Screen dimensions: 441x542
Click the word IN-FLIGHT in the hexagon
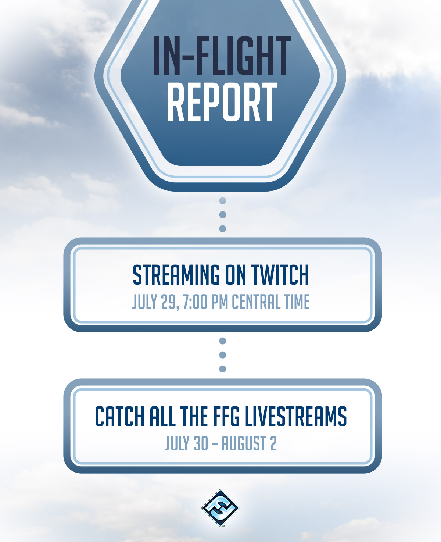(x=222, y=56)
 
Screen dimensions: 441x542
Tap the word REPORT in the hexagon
(x=222, y=101)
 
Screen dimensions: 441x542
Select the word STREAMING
(x=176, y=275)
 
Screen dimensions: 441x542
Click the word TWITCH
(x=280, y=275)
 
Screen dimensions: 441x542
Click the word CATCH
(x=119, y=416)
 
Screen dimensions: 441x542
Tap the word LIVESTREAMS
(x=296, y=416)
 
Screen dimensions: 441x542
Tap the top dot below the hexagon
(x=223, y=200)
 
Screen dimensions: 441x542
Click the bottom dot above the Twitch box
(x=223, y=228)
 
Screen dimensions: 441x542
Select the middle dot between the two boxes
(x=223, y=355)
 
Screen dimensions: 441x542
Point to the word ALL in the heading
(x=162, y=416)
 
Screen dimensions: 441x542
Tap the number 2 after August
(x=273, y=443)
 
